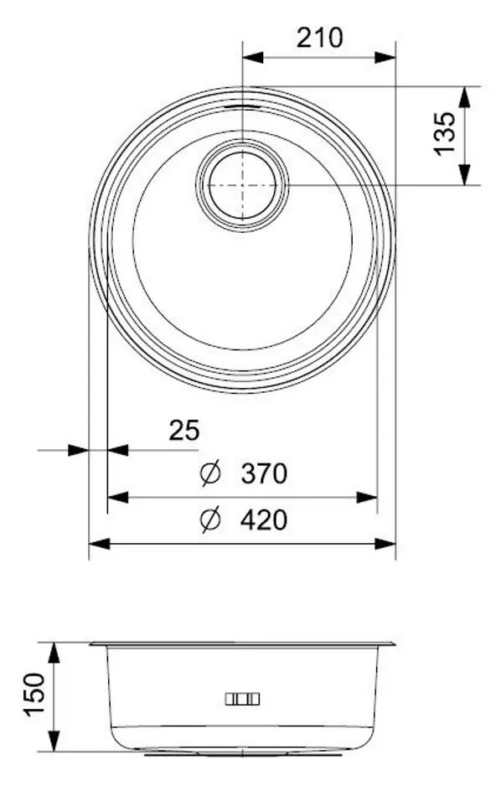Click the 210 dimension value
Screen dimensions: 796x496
pyautogui.click(x=319, y=38)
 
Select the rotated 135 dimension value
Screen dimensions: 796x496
pyautogui.click(x=445, y=134)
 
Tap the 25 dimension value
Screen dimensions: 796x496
pyautogui.click(x=184, y=431)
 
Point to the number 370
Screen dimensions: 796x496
pyautogui.click(x=264, y=474)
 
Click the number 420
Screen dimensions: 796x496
pyautogui.click(x=264, y=520)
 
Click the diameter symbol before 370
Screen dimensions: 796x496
pyautogui.click(x=210, y=474)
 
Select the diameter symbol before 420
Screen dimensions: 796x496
pyautogui.click(x=210, y=520)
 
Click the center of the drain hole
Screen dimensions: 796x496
pyautogui.click(x=242, y=183)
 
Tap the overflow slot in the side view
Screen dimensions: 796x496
pyautogui.click(x=242, y=699)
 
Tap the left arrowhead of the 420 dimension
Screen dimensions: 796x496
pyautogui.click(x=99, y=544)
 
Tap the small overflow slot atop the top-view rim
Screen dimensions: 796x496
pyautogui.click(x=242, y=107)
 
